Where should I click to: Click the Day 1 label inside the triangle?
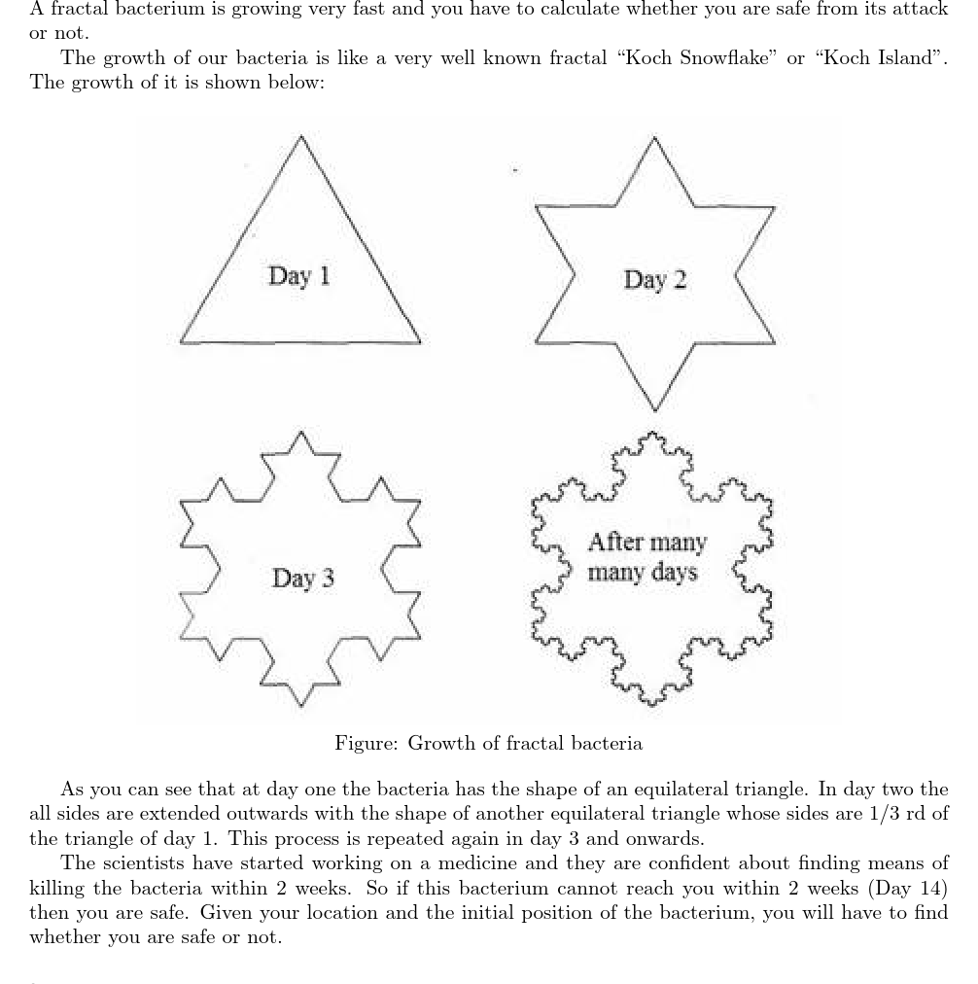click(298, 276)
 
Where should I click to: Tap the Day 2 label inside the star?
click(654, 280)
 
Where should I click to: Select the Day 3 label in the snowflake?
click(302, 579)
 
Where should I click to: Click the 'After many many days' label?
click(646, 557)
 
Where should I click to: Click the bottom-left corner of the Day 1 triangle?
click(181, 341)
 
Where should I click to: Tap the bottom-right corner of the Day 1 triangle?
click(421, 342)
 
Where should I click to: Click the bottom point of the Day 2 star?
click(655, 410)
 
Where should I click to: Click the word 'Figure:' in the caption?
click(366, 744)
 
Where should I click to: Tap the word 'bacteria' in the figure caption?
click(606, 744)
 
